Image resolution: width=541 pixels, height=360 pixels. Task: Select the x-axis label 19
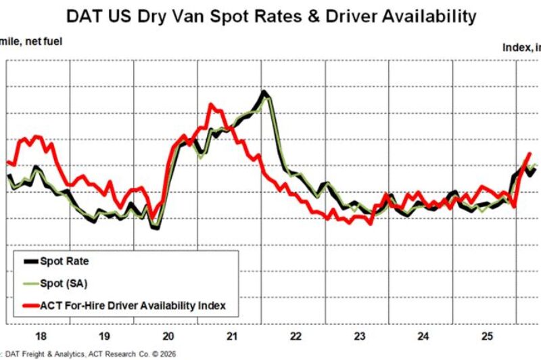(x=104, y=336)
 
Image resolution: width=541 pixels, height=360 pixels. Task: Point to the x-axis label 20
(x=168, y=336)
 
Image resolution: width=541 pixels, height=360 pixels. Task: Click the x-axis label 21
(x=233, y=336)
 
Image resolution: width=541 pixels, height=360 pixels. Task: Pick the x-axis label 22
(x=296, y=336)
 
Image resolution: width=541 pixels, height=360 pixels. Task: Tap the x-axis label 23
(x=360, y=336)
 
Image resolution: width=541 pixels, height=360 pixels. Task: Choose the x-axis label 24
(x=424, y=336)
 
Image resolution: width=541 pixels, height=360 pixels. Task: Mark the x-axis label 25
(x=488, y=336)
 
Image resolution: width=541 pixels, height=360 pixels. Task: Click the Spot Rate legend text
(x=64, y=261)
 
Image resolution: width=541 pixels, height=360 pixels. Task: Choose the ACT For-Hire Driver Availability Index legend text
(x=133, y=306)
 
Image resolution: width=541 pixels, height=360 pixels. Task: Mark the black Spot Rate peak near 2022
(x=264, y=92)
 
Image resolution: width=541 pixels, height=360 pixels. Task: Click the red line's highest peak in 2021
(x=211, y=105)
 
